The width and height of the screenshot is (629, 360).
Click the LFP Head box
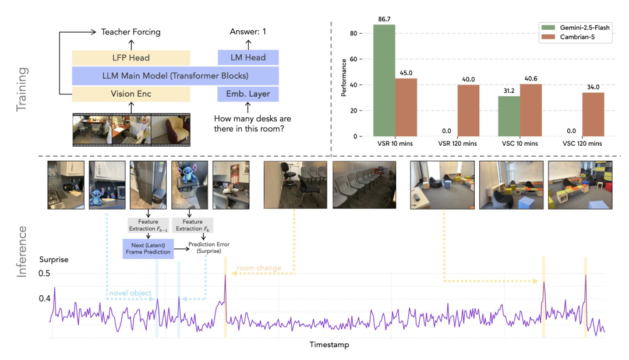(x=130, y=57)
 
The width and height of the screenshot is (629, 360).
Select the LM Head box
(x=248, y=57)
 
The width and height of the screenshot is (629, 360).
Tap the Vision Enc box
(x=130, y=94)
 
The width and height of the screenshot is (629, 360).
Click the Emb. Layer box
(x=248, y=94)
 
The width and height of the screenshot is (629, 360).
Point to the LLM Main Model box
(x=175, y=76)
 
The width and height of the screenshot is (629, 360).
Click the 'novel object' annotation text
(x=129, y=292)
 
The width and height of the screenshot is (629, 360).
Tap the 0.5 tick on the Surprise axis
(x=45, y=274)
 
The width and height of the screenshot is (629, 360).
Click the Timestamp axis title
(x=330, y=345)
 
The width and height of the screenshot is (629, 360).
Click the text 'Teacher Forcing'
(x=130, y=32)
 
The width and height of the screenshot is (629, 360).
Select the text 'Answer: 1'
(x=248, y=32)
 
